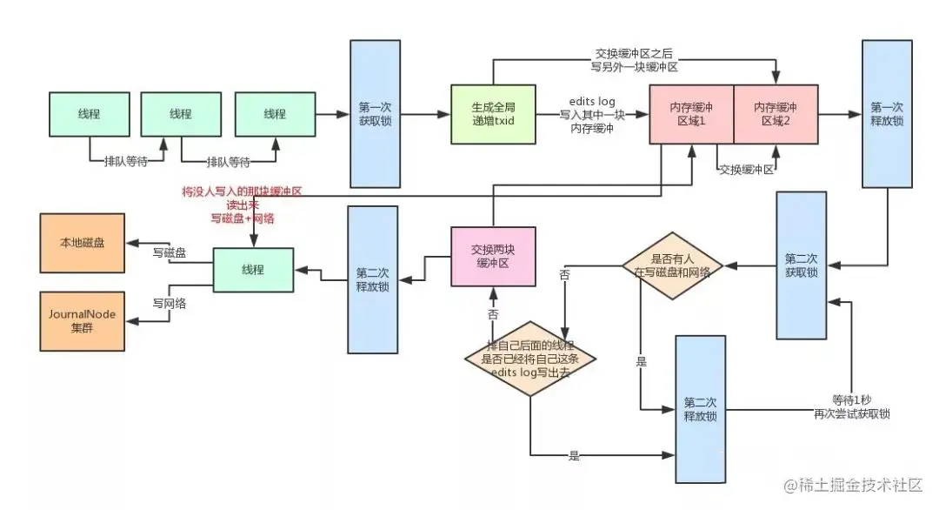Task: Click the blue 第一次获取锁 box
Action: coord(375,114)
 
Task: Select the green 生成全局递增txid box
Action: coord(493,114)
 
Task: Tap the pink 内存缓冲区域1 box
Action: coord(690,114)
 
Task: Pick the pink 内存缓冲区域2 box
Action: coord(776,114)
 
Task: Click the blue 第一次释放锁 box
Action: coord(886,114)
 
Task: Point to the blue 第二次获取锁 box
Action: coord(801,265)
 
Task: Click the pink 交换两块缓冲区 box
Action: coord(493,256)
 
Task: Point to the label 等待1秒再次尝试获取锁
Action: coord(860,407)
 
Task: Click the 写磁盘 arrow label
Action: coord(170,252)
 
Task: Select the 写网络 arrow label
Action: coord(170,304)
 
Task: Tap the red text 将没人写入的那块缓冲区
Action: coord(241,191)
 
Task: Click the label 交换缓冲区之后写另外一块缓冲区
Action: coord(636,59)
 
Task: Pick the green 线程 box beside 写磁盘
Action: coord(253,271)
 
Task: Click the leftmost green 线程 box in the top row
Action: coord(88,114)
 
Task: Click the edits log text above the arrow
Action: coord(592,102)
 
